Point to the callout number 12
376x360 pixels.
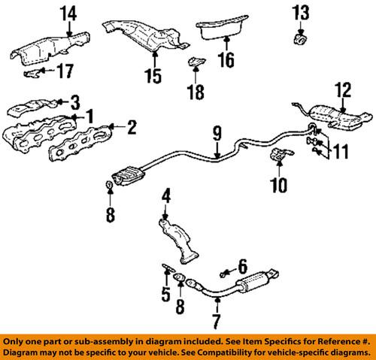tap(343, 90)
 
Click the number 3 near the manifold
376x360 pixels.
tap(74, 100)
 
